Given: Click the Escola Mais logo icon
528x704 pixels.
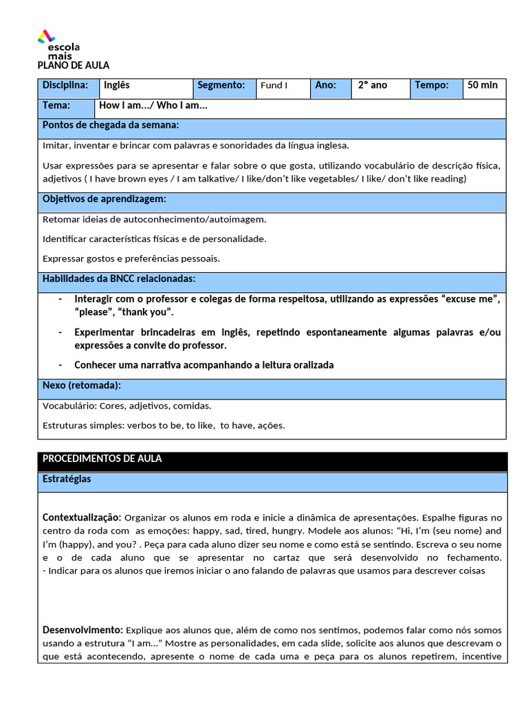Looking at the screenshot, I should point(45,36).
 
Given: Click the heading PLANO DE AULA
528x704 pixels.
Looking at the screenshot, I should point(73,65).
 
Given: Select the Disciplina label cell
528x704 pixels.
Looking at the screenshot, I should point(67,86).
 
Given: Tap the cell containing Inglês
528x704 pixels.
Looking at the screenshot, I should point(144,86).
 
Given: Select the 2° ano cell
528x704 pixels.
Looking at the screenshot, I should point(382,86).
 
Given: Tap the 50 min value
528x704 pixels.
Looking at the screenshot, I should point(483,86).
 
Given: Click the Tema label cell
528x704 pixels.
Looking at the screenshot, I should point(57,106).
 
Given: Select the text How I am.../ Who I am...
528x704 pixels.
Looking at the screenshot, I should point(153,106).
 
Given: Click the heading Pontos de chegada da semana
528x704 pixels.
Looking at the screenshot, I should point(111,125).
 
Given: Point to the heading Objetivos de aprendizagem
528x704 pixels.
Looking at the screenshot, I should point(104,199).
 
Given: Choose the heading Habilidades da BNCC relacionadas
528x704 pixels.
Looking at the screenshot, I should point(119,279).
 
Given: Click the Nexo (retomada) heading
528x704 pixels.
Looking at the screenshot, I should point(82,386).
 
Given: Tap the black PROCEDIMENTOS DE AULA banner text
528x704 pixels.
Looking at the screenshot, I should point(102,459).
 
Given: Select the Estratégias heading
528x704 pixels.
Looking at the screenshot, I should point(67,479).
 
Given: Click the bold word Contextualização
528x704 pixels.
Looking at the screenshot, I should point(82,517).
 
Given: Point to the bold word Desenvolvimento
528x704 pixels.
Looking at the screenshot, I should point(82,630).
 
